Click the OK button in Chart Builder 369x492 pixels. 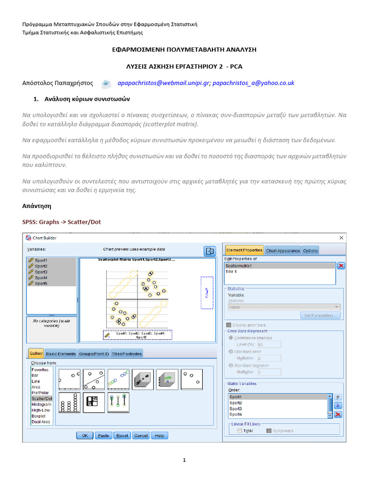click(x=85, y=435)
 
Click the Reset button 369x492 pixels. click(x=122, y=435)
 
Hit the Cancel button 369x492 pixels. click(x=141, y=435)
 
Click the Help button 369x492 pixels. click(x=160, y=435)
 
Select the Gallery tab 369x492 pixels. click(x=36, y=354)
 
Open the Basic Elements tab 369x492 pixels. click(x=61, y=354)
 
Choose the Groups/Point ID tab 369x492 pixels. click(x=94, y=354)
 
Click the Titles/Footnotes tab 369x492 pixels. click(x=127, y=354)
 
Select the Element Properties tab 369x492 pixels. click(x=244, y=250)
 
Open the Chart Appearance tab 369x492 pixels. click(x=283, y=250)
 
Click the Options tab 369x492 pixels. click(x=310, y=250)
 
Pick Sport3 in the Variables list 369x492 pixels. click(x=41, y=272)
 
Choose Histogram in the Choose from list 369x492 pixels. click(x=41, y=405)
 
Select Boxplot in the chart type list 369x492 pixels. click(x=39, y=416)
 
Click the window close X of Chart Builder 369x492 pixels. click(x=341, y=238)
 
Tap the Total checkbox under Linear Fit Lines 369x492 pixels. click(x=239, y=431)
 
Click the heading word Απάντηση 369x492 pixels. click(x=37, y=206)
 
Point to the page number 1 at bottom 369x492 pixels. click(x=184, y=460)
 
